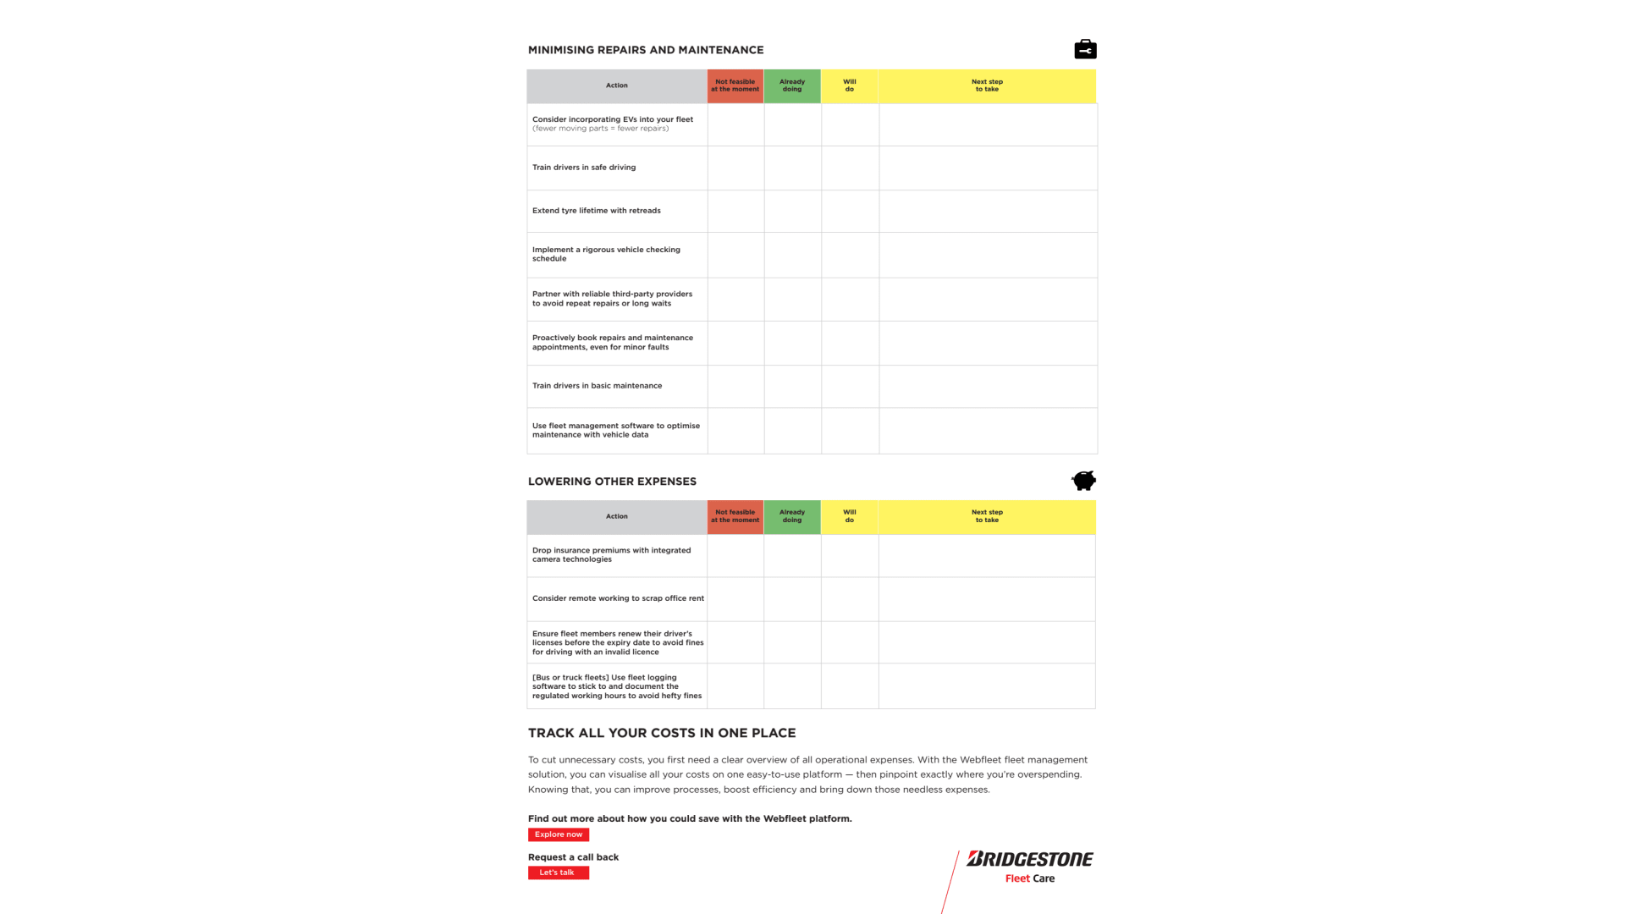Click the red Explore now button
[559, 834]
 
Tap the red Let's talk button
[558, 873]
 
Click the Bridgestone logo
[1029, 860]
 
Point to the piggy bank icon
[1083, 481]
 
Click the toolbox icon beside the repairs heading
[1085, 50]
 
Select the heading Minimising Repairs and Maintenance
[646, 50]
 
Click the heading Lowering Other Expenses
[612, 482]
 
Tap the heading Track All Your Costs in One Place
[662, 733]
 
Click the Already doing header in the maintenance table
[792, 85]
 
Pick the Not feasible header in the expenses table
[735, 516]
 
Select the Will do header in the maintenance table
[850, 85]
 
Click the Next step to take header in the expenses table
[987, 516]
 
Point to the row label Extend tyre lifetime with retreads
[597, 211]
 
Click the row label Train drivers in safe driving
[584, 168]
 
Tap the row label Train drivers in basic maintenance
[597, 386]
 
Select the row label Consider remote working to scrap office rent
[618, 598]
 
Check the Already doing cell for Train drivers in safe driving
[792, 168]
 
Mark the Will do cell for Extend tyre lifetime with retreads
[850, 211]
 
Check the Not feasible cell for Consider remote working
[735, 599]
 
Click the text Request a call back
[573, 857]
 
